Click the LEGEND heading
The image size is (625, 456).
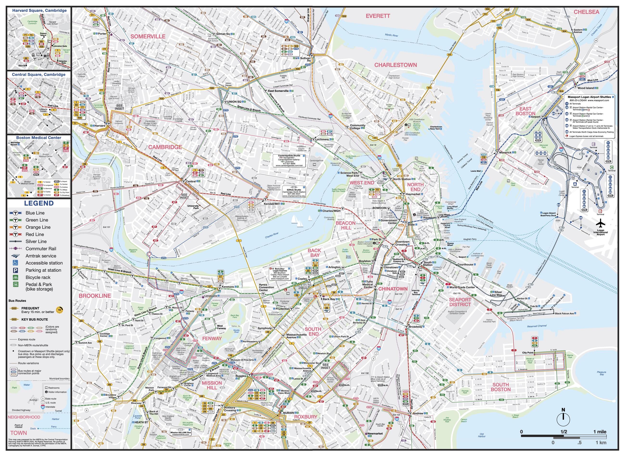pyautogui.click(x=39, y=203)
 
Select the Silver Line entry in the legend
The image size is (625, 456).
pyautogui.click(x=36, y=241)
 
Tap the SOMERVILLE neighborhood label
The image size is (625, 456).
pyautogui.click(x=148, y=37)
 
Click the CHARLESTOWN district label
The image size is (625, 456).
pyautogui.click(x=395, y=65)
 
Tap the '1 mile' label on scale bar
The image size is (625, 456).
pyautogui.click(x=600, y=432)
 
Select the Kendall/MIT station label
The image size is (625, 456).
pyautogui.click(x=272, y=204)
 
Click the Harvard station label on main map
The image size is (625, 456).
pyautogui.click(x=100, y=126)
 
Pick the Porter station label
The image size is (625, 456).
pyautogui.click(x=102, y=34)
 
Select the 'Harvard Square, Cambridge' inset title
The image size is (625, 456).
pyautogui.click(x=39, y=11)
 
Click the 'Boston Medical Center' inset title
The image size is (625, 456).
pyautogui.click(x=39, y=137)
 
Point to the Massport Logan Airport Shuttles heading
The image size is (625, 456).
pyautogui.click(x=589, y=97)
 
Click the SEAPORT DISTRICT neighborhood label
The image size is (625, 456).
pyautogui.click(x=460, y=302)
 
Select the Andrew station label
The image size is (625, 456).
pyautogui.click(x=418, y=413)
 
